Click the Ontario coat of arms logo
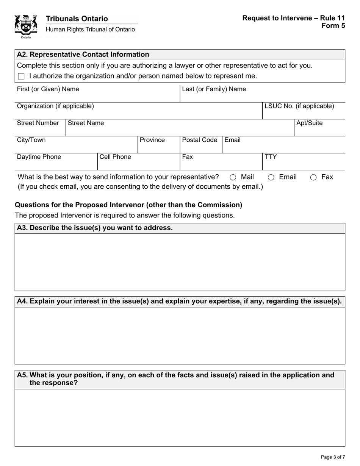pyautogui.click(x=26, y=25)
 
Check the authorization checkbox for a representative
pyautogui.click(x=21, y=76)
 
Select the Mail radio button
pyautogui.click(x=233, y=177)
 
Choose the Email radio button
pyautogui.click(x=271, y=177)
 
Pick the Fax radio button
pyautogui.click(x=313, y=177)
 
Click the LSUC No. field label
pyautogui.click(x=299, y=106)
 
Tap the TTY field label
pyautogui.click(x=271, y=157)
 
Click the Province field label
pyautogui.click(x=152, y=140)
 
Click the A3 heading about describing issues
pyautogui.click(x=95, y=228)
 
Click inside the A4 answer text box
pyautogui.click(x=180, y=335)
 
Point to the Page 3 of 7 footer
pyautogui.click(x=333, y=457)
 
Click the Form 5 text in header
pyautogui.click(x=333, y=26)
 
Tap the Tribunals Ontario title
pyautogui.click(x=77, y=19)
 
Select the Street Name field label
pyautogui.click(x=86, y=123)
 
